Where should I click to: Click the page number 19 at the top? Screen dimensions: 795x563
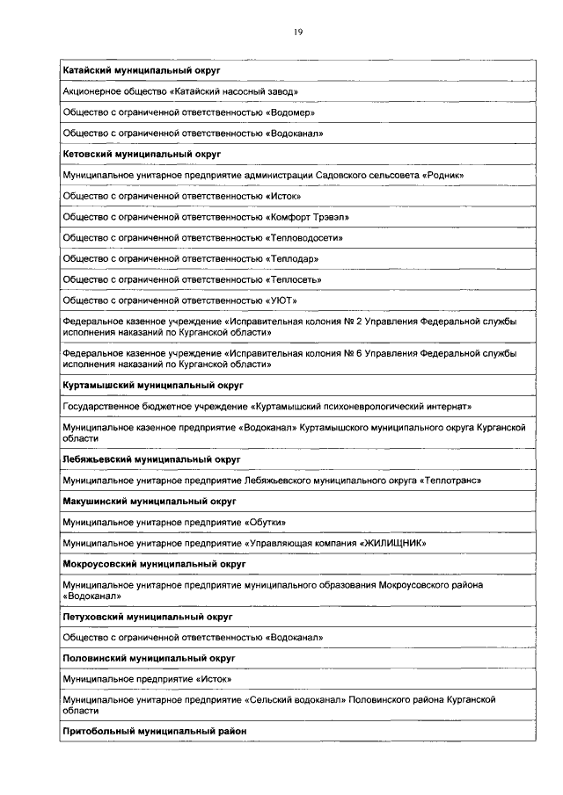pos(298,32)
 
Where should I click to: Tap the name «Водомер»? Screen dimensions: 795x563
pos(289,112)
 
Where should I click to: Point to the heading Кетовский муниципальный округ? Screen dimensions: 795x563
pos(140,153)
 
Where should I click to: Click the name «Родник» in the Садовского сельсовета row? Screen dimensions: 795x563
pos(442,175)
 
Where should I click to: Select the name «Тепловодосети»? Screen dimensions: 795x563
pos(303,237)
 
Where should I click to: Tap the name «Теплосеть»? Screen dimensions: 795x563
pos(293,279)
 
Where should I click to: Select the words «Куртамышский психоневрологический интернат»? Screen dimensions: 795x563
pos(362,407)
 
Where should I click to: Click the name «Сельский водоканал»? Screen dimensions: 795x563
pos(295,699)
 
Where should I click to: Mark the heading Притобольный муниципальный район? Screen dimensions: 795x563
pos(154,731)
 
